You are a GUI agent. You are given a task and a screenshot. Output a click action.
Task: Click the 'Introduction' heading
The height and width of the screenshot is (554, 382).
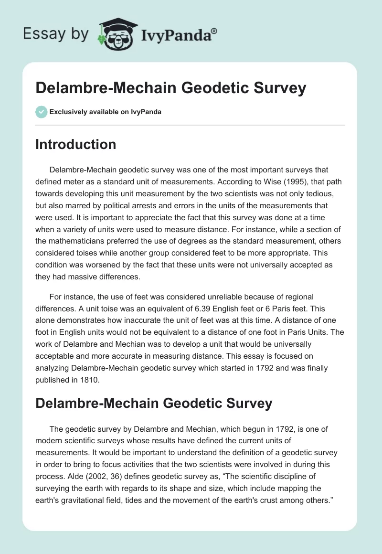coord(75,144)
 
